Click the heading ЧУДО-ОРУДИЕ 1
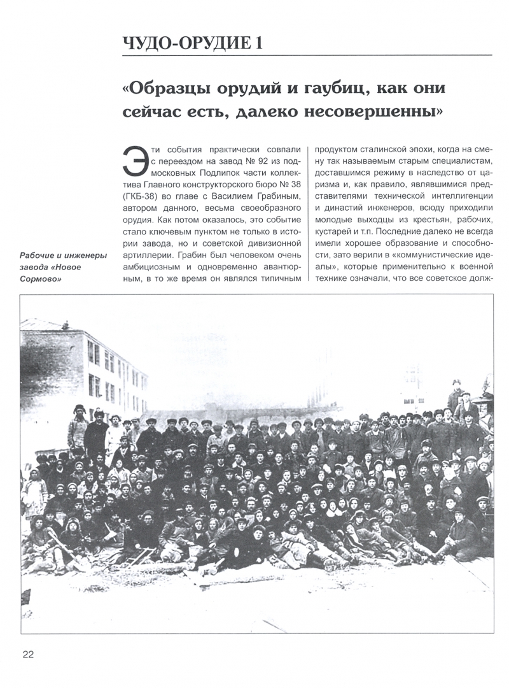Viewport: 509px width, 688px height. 192,43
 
